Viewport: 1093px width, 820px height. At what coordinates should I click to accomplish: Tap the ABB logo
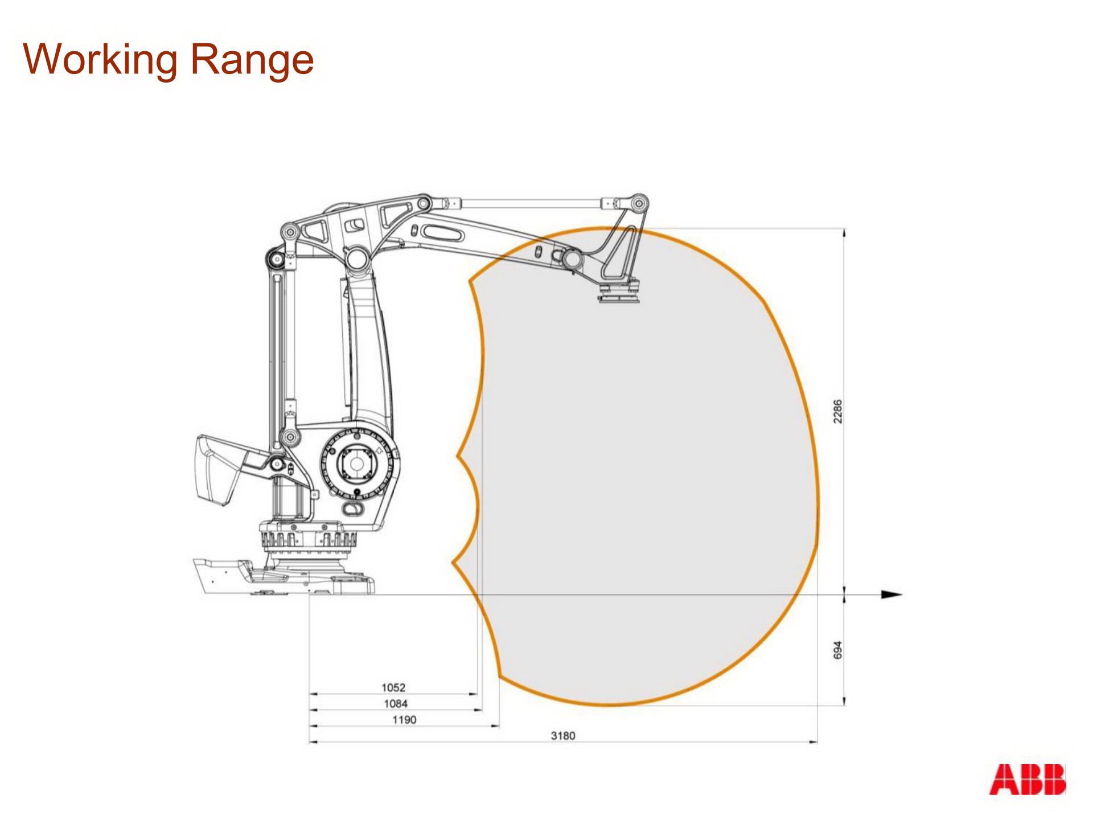pyautogui.click(x=1027, y=780)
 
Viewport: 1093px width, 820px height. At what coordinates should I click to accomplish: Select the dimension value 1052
pyautogui.click(x=393, y=687)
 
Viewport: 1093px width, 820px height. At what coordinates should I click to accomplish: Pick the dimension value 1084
pyautogui.click(x=396, y=704)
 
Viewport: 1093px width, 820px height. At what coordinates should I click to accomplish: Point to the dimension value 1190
pyautogui.click(x=404, y=720)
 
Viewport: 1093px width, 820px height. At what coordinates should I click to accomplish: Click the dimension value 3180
pyautogui.click(x=563, y=736)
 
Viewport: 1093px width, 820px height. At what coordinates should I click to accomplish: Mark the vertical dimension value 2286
pyautogui.click(x=837, y=411)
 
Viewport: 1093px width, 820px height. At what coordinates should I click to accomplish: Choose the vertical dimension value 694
pyautogui.click(x=837, y=650)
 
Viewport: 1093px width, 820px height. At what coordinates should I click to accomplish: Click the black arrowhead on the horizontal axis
pyautogui.click(x=891, y=594)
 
